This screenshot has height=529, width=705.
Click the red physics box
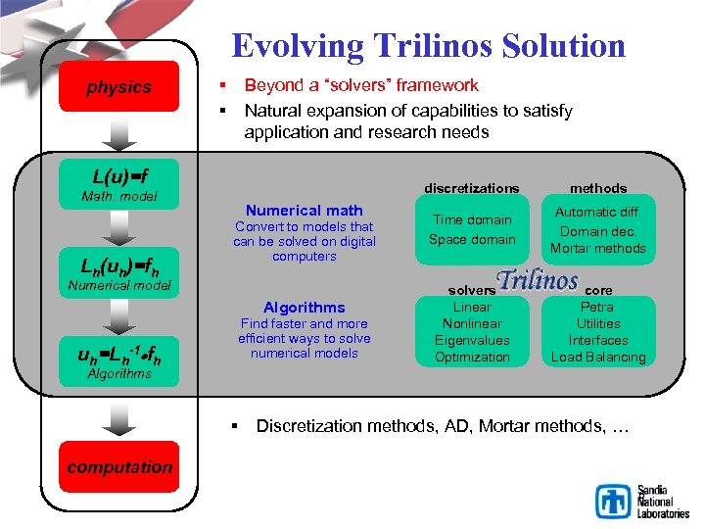point(118,86)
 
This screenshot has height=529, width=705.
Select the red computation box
point(118,467)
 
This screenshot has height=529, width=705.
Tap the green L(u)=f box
point(119,177)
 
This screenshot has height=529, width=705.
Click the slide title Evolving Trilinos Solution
point(428,45)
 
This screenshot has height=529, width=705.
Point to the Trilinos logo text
point(537,281)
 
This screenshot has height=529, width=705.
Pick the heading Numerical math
point(305,210)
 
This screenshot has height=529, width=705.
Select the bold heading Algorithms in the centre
point(305,307)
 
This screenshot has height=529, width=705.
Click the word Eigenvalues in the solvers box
point(472,340)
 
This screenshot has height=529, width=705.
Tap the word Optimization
point(472,357)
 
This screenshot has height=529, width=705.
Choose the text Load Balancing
point(598,357)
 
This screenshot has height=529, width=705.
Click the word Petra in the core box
point(598,307)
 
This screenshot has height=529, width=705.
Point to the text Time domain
point(472,219)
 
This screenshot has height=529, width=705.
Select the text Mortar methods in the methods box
point(598,248)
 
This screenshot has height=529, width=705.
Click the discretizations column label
point(472,187)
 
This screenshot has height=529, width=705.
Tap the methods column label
point(598,187)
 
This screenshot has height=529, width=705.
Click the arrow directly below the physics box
point(118,131)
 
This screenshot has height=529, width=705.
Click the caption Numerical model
point(117,286)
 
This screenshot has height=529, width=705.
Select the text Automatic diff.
point(598,212)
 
